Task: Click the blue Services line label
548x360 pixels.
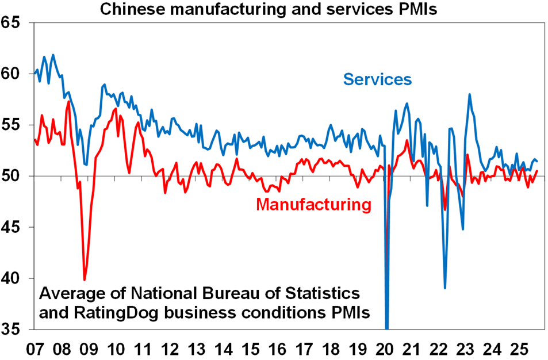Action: (x=377, y=79)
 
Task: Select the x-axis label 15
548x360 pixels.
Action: (x=250, y=348)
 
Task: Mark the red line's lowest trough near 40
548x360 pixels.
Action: (x=85, y=279)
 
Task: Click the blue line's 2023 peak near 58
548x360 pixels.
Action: (x=470, y=94)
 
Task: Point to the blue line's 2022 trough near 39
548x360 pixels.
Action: (x=445, y=288)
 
